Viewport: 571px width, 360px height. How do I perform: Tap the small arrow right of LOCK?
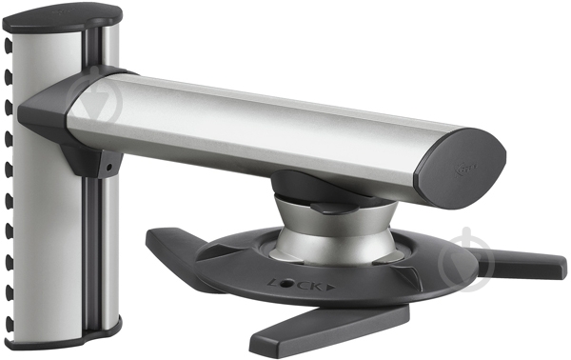click(x=330, y=285)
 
